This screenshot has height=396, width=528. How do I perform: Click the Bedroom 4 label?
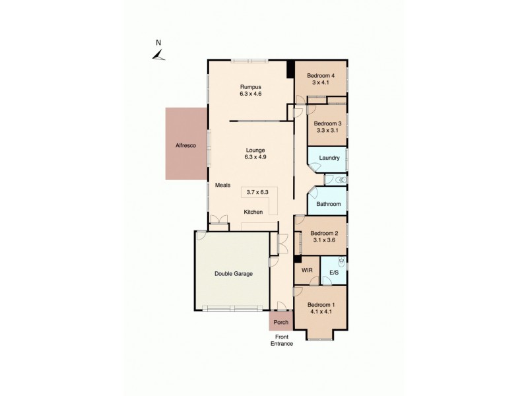(x=321, y=75)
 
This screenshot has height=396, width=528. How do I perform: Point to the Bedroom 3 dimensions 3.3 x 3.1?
(x=327, y=131)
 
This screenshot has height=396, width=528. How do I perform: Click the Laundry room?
(x=329, y=158)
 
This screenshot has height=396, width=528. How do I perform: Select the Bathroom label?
(x=328, y=204)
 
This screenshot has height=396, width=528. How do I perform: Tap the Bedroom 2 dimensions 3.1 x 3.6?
(x=324, y=240)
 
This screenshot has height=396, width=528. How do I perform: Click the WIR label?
(x=306, y=271)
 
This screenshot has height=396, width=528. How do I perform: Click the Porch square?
(x=281, y=323)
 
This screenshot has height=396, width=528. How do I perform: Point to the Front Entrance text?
(x=281, y=340)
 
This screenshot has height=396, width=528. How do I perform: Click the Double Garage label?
(x=234, y=273)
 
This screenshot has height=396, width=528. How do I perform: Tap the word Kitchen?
(x=253, y=212)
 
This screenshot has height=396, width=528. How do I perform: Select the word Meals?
(x=222, y=185)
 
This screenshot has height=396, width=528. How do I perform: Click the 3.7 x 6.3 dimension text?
(x=258, y=192)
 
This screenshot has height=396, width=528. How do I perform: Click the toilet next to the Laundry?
(x=340, y=180)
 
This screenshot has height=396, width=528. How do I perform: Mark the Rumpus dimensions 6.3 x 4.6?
(x=250, y=94)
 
